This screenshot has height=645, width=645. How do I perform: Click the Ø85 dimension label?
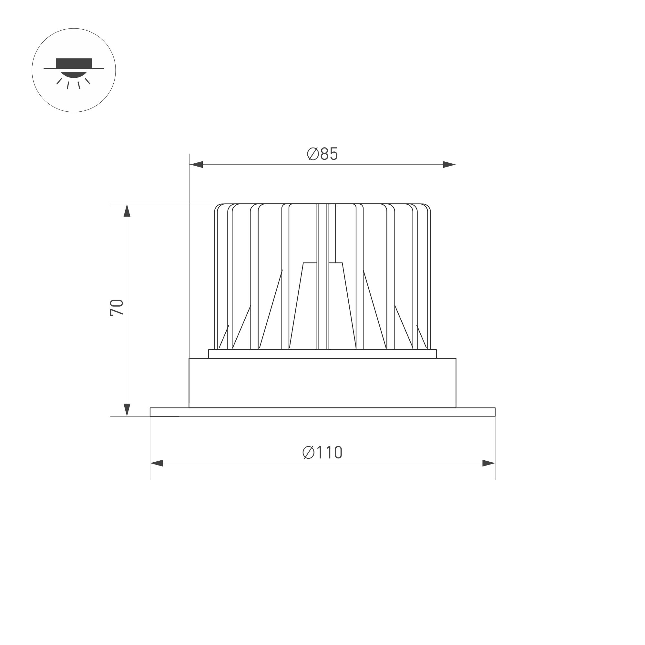[x=322, y=154]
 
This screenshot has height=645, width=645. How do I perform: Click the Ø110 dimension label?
[x=322, y=452]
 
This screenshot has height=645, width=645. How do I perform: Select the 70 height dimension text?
[x=117, y=307]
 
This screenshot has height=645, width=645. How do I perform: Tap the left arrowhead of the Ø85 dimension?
[x=196, y=165]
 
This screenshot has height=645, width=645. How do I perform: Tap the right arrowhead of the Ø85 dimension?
[x=449, y=165]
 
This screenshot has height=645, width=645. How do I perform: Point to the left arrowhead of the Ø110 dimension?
[x=157, y=463]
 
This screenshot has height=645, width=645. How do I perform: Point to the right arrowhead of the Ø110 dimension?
[x=489, y=463]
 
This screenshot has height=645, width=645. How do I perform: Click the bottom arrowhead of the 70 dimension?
[x=127, y=410]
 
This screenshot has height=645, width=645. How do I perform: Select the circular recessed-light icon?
[x=74, y=70]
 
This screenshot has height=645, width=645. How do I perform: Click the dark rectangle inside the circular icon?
[x=74, y=63]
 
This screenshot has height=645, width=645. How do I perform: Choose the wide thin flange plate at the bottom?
[x=322, y=412]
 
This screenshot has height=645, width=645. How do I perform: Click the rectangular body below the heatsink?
[x=322, y=383]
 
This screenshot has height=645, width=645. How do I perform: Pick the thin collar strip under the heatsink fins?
[x=322, y=354]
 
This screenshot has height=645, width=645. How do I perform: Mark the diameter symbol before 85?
[x=312, y=154]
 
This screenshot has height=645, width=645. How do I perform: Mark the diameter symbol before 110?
[x=309, y=452]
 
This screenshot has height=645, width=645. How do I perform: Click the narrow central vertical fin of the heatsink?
[x=322, y=277]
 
